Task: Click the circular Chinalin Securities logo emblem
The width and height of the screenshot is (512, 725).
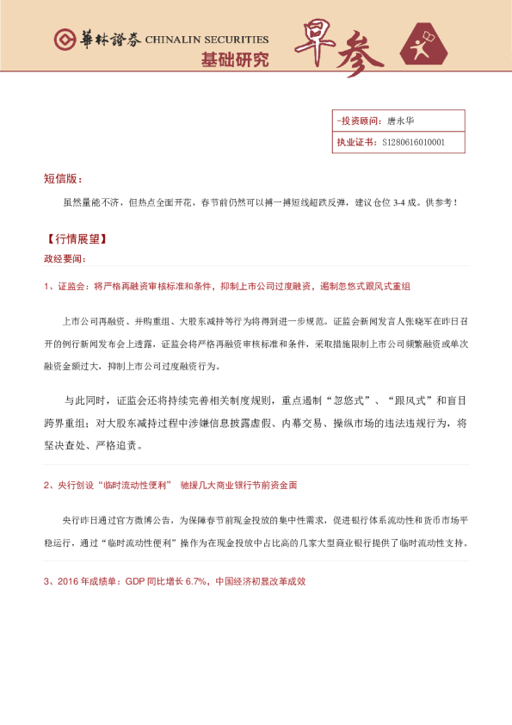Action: click(x=64, y=40)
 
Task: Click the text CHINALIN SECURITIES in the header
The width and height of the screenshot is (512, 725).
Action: click(x=207, y=40)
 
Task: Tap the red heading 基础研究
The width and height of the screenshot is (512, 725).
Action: click(x=234, y=60)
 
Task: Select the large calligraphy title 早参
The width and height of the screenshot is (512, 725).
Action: click(x=330, y=50)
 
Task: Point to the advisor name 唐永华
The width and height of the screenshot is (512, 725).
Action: click(x=401, y=121)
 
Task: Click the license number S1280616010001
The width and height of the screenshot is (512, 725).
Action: click(x=414, y=142)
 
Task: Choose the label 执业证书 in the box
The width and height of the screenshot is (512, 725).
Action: click(x=355, y=142)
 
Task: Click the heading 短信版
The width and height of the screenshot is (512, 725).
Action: click(x=62, y=178)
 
